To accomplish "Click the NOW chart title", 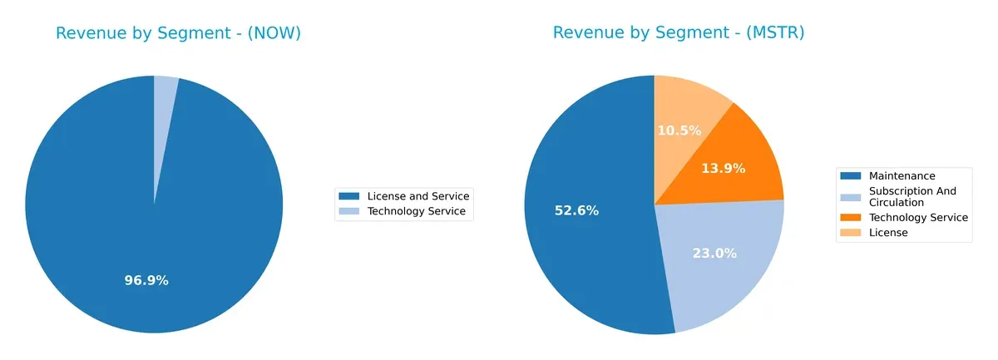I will [178, 33].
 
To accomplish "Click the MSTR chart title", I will [678, 33].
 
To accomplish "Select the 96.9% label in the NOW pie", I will [146, 280].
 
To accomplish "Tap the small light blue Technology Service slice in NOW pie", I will [165, 91].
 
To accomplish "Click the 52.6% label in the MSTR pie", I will [576, 210].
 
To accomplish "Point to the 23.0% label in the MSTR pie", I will [714, 254].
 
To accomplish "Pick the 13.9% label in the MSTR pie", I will [723, 168].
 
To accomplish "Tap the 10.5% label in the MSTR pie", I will [679, 131].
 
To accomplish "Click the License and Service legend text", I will [418, 196].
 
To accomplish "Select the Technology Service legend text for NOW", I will [418, 212].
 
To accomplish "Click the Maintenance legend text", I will [902, 176].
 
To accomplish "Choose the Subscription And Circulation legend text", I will [912, 196].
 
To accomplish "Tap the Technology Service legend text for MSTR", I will [918, 217].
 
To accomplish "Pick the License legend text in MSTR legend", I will [888, 233].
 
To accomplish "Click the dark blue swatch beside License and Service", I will [349, 196].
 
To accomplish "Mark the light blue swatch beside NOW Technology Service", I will [349, 212].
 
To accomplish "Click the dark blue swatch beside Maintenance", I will [851, 176].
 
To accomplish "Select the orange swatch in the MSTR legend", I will [851, 217].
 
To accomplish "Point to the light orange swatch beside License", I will [851, 233].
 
